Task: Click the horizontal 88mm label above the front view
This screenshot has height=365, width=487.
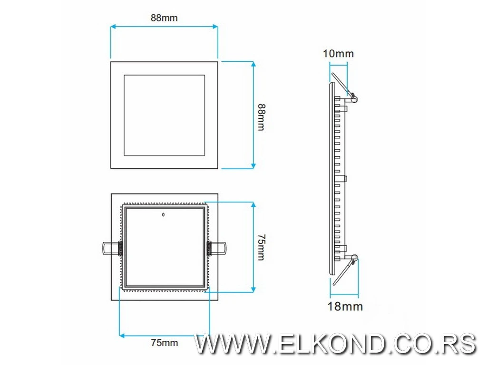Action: tap(164, 18)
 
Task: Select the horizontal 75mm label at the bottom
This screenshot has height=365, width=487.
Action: tap(164, 342)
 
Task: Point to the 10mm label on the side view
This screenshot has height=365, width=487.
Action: tap(338, 54)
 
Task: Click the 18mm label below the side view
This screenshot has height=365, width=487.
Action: tap(345, 306)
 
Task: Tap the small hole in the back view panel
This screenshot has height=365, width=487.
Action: tap(163, 215)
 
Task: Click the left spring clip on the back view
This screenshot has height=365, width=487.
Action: tap(111, 248)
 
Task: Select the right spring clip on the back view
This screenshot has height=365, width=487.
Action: tap(217, 248)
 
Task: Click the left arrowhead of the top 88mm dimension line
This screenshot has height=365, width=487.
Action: tap(113, 28)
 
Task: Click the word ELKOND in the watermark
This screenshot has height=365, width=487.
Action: tap(331, 344)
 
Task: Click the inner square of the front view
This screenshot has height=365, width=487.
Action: tap(164, 115)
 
